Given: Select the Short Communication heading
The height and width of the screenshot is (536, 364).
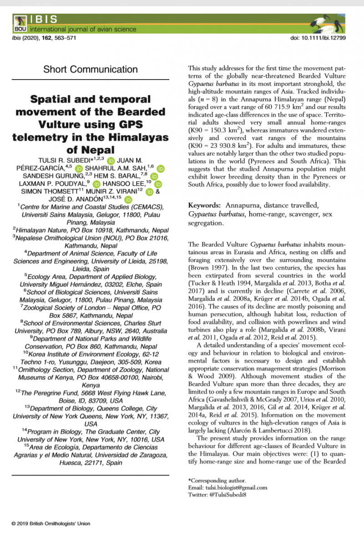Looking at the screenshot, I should click(91, 70).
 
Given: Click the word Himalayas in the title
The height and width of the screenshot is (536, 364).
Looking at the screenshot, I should click(133, 137).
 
